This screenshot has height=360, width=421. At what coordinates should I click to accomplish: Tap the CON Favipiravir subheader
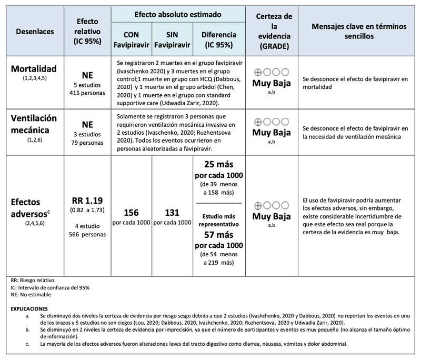click(132, 38)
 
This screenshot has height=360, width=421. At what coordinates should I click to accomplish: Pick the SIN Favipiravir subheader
click(172, 38)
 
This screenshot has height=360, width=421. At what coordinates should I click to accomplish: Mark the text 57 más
click(218, 235)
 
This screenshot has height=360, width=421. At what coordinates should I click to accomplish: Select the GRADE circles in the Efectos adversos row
click(271, 206)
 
